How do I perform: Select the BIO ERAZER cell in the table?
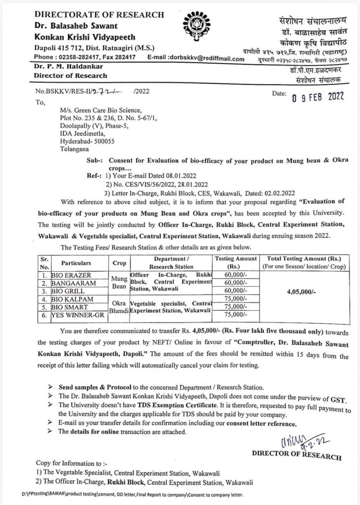click(73, 274)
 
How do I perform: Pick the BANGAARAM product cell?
click(73, 283)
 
